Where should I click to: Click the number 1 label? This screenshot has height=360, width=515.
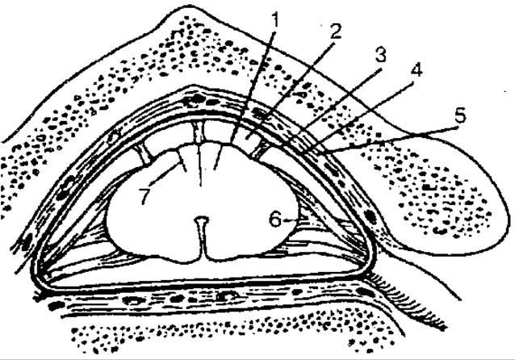tap(275, 20)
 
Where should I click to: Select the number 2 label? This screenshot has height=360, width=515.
tap(335, 31)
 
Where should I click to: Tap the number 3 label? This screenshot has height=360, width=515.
tap(380, 55)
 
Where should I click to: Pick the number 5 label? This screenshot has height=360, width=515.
tap(460, 115)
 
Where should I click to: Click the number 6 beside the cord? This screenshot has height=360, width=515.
tap(275, 220)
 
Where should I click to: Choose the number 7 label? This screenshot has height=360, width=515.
tap(144, 196)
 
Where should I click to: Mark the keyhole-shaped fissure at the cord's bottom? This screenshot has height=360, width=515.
tap(203, 237)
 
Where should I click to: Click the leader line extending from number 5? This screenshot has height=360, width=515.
tap(391, 140)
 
